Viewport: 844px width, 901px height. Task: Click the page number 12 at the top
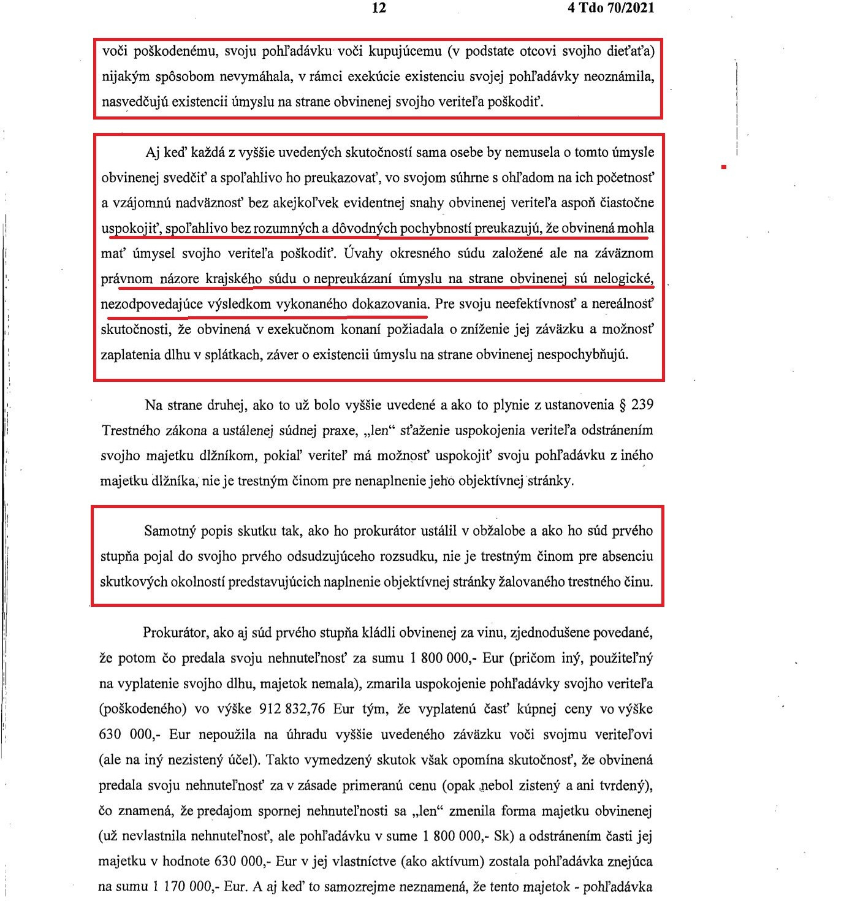[379, 8]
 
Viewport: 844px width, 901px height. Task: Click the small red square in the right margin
[724, 166]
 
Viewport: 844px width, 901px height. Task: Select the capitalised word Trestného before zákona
[129, 430]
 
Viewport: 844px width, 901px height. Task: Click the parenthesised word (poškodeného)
[142, 709]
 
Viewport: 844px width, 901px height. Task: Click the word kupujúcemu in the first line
[405, 51]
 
